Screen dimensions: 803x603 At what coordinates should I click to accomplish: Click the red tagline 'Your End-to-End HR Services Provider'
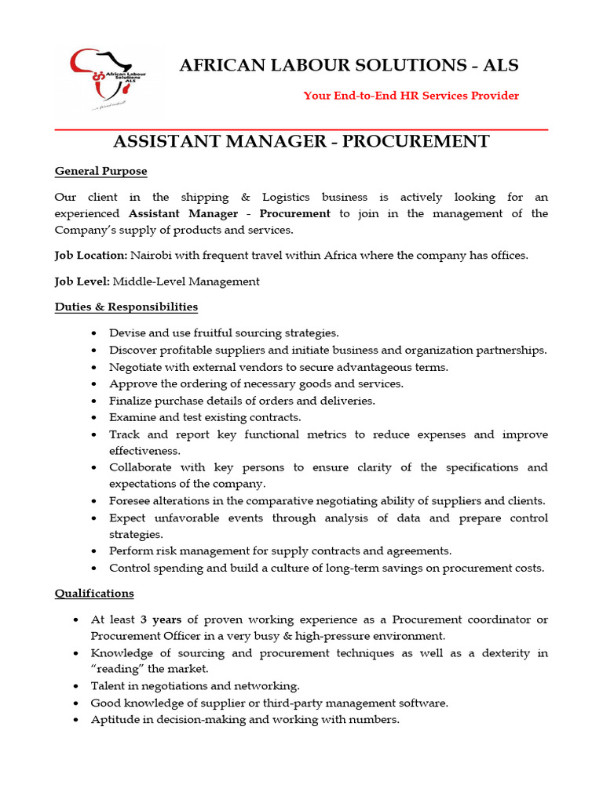coord(411,96)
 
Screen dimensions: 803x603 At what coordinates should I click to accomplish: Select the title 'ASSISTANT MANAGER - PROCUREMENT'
coord(301,141)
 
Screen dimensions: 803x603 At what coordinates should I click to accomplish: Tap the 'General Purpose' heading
coord(100,171)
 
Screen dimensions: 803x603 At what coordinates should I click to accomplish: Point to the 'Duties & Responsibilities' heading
coord(126,307)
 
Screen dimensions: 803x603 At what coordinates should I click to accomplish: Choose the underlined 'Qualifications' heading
coord(94,594)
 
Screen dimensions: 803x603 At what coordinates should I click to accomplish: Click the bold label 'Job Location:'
coord(90,256)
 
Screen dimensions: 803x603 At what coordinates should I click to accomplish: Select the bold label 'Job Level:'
coord(82,281)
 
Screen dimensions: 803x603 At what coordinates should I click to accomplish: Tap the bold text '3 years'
coord(161,620)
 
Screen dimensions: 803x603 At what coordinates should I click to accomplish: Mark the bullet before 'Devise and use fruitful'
coord(94,333)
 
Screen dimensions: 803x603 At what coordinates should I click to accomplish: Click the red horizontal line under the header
coord(301,129)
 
